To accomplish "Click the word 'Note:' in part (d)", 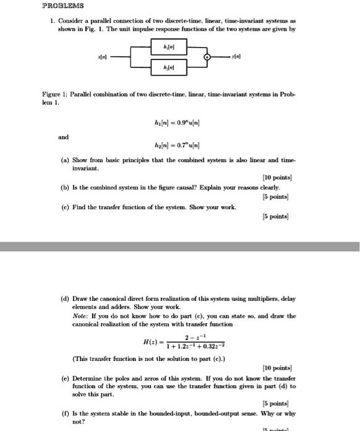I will point(82,316).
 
